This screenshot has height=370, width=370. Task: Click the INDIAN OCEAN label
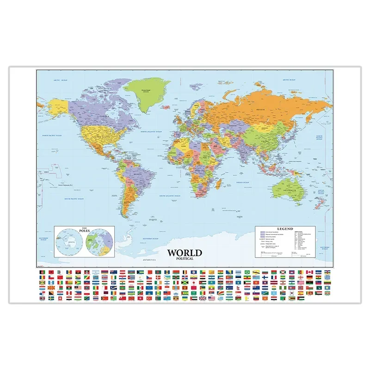[243, 183]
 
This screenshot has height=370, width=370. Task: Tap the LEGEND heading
[286, 229]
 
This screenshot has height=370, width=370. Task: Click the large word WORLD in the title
[184, 253]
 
